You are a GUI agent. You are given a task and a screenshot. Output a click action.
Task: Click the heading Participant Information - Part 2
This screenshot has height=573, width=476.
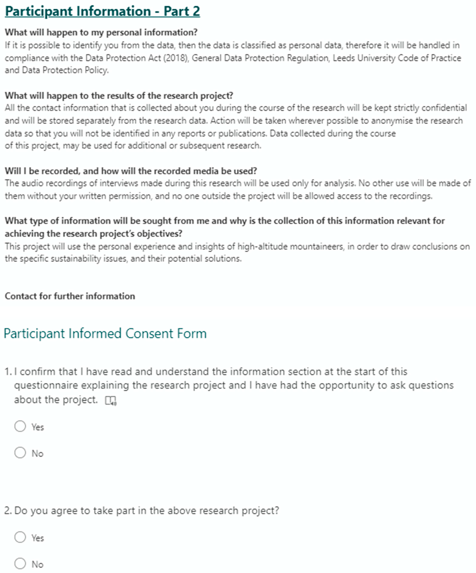point(102,11)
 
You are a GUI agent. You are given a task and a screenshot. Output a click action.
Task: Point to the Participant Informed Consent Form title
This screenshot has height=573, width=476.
point(105,333)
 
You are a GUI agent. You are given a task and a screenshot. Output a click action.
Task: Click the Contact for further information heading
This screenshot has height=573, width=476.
point(70,296)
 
